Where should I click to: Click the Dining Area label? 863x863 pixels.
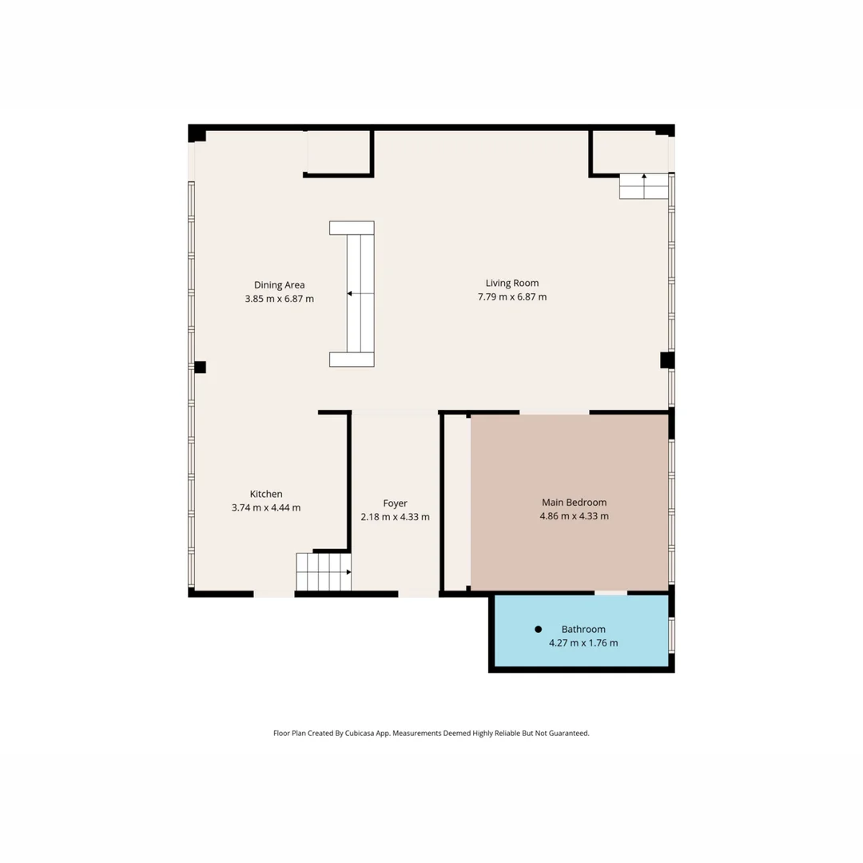point(279,284)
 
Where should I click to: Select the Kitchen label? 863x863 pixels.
point(265,494)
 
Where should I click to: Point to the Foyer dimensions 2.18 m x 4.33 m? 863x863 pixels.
point(395,517)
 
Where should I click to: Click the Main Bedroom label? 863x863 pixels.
point(574,503)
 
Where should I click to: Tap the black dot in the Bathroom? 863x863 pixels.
point(539,630)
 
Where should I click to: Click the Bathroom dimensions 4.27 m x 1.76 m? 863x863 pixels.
point(583,643)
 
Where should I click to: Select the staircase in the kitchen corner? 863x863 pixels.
point(323,572)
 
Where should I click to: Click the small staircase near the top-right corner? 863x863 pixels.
point(643,186)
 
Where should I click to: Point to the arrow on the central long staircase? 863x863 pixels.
point(350,294)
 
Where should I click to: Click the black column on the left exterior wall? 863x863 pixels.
point(200,368)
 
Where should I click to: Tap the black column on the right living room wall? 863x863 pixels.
point(666,360)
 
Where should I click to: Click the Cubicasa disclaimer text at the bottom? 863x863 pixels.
point(431,733)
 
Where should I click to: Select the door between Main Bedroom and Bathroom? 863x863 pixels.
point(610,593)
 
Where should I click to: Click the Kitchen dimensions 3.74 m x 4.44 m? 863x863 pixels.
point(265,508)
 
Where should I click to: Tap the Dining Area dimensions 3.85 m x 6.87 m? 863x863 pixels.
point(279,299)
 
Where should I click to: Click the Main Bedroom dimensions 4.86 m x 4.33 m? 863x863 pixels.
point(574,517)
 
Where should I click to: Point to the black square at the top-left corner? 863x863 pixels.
point(197,133)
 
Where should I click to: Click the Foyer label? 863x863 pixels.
point(395,503)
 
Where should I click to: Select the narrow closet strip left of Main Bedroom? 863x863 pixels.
point(456,503)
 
